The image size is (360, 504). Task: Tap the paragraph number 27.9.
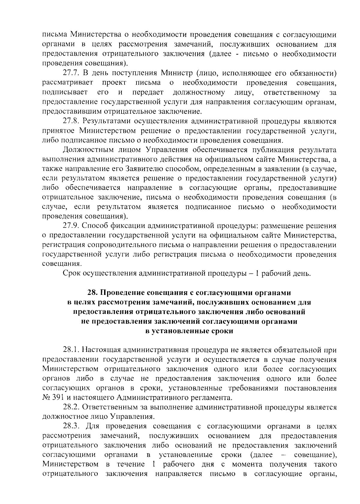[x=71, y=226]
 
